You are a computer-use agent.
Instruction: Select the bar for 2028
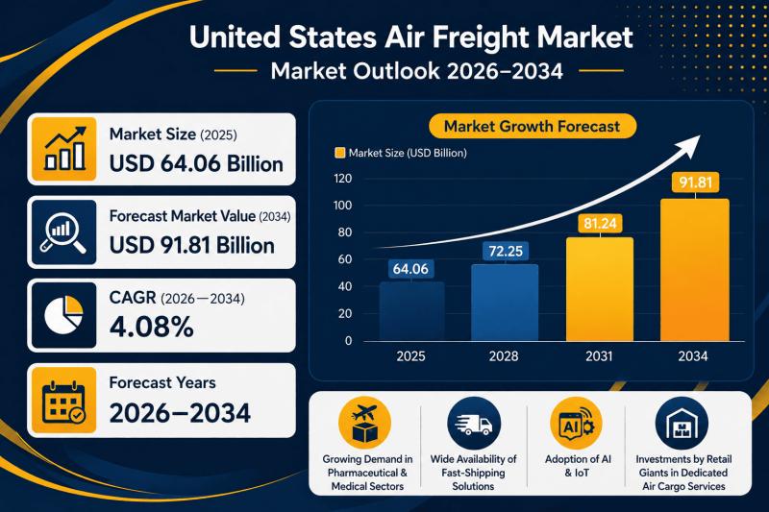pos(505,304)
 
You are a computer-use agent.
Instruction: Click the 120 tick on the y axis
pos(343,179)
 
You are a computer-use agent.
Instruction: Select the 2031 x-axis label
pos(598,356)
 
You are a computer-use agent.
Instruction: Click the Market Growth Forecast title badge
pos(532,126)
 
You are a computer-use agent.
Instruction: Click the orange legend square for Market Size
pos(338,153)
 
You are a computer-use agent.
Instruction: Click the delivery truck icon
pos(470,425)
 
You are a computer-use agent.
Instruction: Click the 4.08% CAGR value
pos(152,327)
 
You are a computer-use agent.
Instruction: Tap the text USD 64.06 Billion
pos(196,163)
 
